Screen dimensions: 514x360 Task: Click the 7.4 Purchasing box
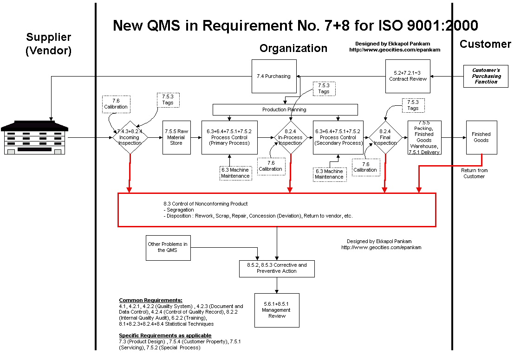274,77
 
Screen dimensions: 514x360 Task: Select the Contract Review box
408,77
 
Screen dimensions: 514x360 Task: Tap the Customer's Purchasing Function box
486,77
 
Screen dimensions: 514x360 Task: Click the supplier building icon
34,138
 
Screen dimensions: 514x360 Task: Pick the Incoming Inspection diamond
130,138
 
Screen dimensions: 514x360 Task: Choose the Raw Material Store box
177,138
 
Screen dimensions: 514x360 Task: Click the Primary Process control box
229,138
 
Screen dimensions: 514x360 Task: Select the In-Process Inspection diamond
291,138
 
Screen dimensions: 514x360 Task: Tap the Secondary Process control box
338,138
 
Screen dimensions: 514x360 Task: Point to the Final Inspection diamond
385,138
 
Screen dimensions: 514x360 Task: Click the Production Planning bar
285,110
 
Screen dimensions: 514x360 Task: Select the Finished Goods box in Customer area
481,138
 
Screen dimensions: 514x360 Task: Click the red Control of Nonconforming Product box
277,210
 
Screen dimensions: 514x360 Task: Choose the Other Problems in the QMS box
168,248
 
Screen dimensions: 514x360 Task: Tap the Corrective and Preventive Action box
277,269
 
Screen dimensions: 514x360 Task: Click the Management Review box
277,310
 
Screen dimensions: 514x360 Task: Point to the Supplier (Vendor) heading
48,44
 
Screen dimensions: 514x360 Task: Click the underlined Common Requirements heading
151,300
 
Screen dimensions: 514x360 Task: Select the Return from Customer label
475,174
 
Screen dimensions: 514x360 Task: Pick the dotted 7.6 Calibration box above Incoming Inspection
117,104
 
